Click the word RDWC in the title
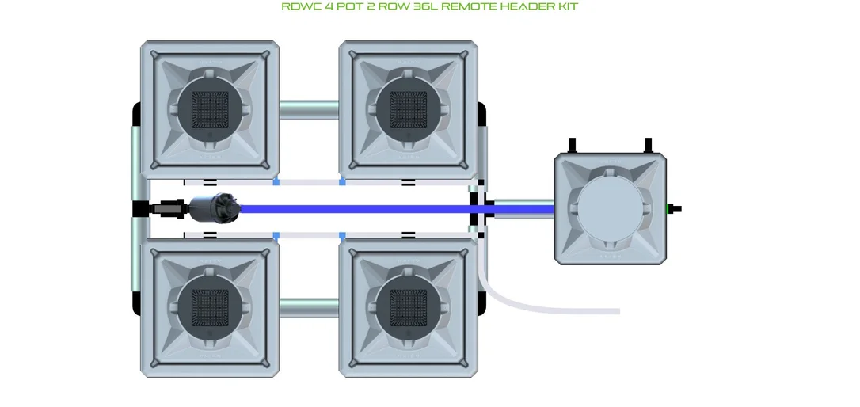[x=300, y=6]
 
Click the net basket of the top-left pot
[x=210, y=109]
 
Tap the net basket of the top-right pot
[x=408, y=109]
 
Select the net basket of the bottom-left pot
[x=210, y=308]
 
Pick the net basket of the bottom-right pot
[x=408, y=308]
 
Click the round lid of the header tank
[x=610, y=209]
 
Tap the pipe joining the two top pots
[x=309, y=110]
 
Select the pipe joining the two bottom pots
[x=309, y=308]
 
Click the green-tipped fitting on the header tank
[x=674, y=209]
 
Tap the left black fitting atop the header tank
[x=572, y=146]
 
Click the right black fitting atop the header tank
[x=648, y=146]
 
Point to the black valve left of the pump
[x=166, y=209]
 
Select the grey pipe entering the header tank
[x=523, y=209]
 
